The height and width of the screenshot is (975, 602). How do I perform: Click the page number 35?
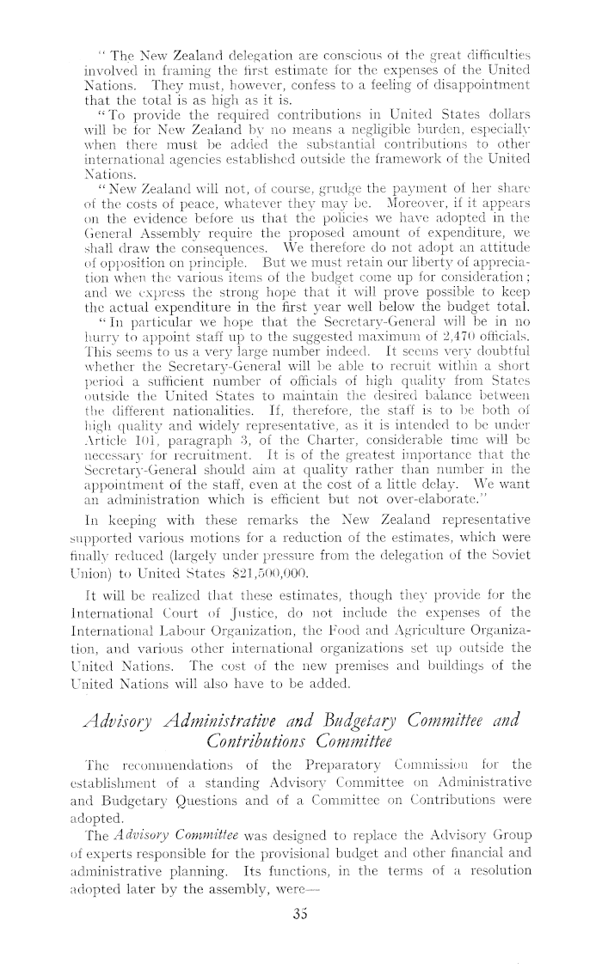(301, 936)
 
